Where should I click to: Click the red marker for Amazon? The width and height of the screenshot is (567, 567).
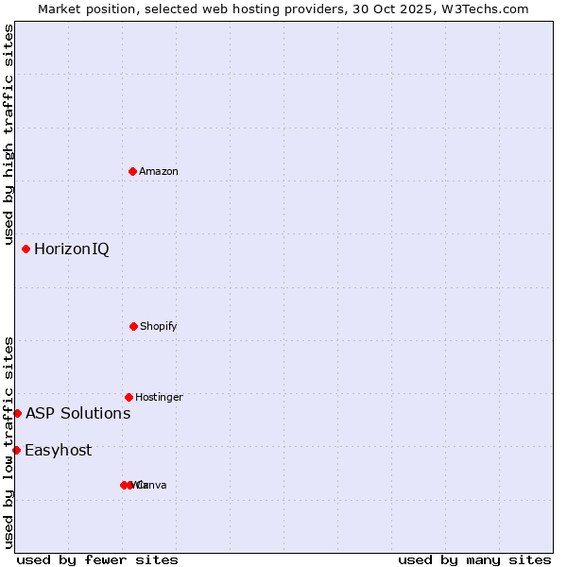[133, 171]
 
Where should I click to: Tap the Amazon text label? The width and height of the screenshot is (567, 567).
[158, 172]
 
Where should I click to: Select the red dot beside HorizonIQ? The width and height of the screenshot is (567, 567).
[26, 249]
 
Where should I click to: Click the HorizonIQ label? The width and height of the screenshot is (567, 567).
[71, 249]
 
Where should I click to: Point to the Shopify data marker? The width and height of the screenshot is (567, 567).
[133, 326]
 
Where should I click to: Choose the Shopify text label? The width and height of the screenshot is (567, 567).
[158, 327]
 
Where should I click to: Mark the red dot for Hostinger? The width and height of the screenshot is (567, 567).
[129, 397]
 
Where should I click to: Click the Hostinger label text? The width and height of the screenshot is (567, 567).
[159, 398]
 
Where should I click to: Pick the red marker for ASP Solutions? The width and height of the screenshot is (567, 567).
[17, 413]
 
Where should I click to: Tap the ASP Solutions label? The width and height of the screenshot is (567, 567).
[77, 414]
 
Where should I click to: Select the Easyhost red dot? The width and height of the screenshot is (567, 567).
[16, 450]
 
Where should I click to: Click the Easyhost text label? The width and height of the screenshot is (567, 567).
[58, 451]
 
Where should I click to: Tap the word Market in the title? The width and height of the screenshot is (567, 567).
[60, 9]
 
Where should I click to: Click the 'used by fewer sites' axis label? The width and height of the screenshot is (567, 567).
[97, 560]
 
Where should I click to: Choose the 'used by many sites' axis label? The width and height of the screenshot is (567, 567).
[474, 560]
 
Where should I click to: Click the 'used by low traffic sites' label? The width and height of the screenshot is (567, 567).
[9, 441]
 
